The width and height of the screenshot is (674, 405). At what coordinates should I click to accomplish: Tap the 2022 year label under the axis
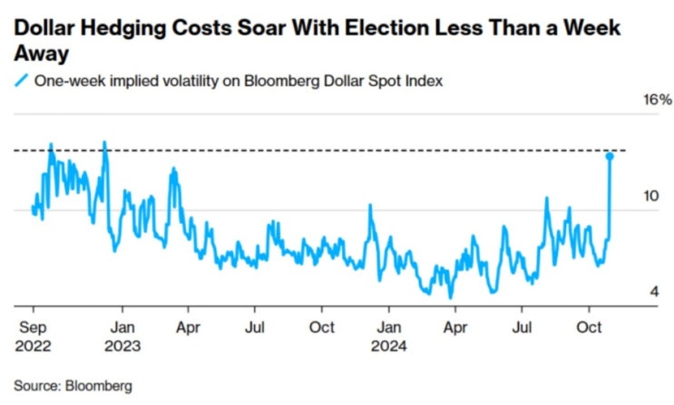coord(34,344)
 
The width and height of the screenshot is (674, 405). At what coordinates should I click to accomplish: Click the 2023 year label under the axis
coord(126,344)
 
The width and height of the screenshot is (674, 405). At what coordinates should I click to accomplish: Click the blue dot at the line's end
coord(610,157)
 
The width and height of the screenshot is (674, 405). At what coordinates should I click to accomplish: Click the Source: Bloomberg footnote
coord(73,385)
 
